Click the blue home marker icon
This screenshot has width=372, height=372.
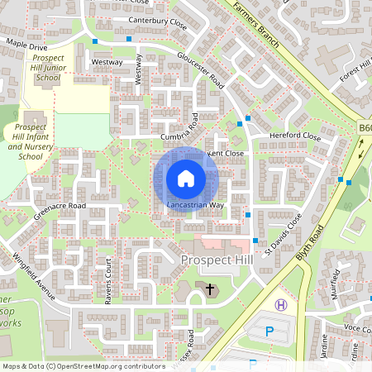186,179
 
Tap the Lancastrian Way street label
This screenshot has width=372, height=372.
195,204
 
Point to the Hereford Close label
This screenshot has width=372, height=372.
294,136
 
